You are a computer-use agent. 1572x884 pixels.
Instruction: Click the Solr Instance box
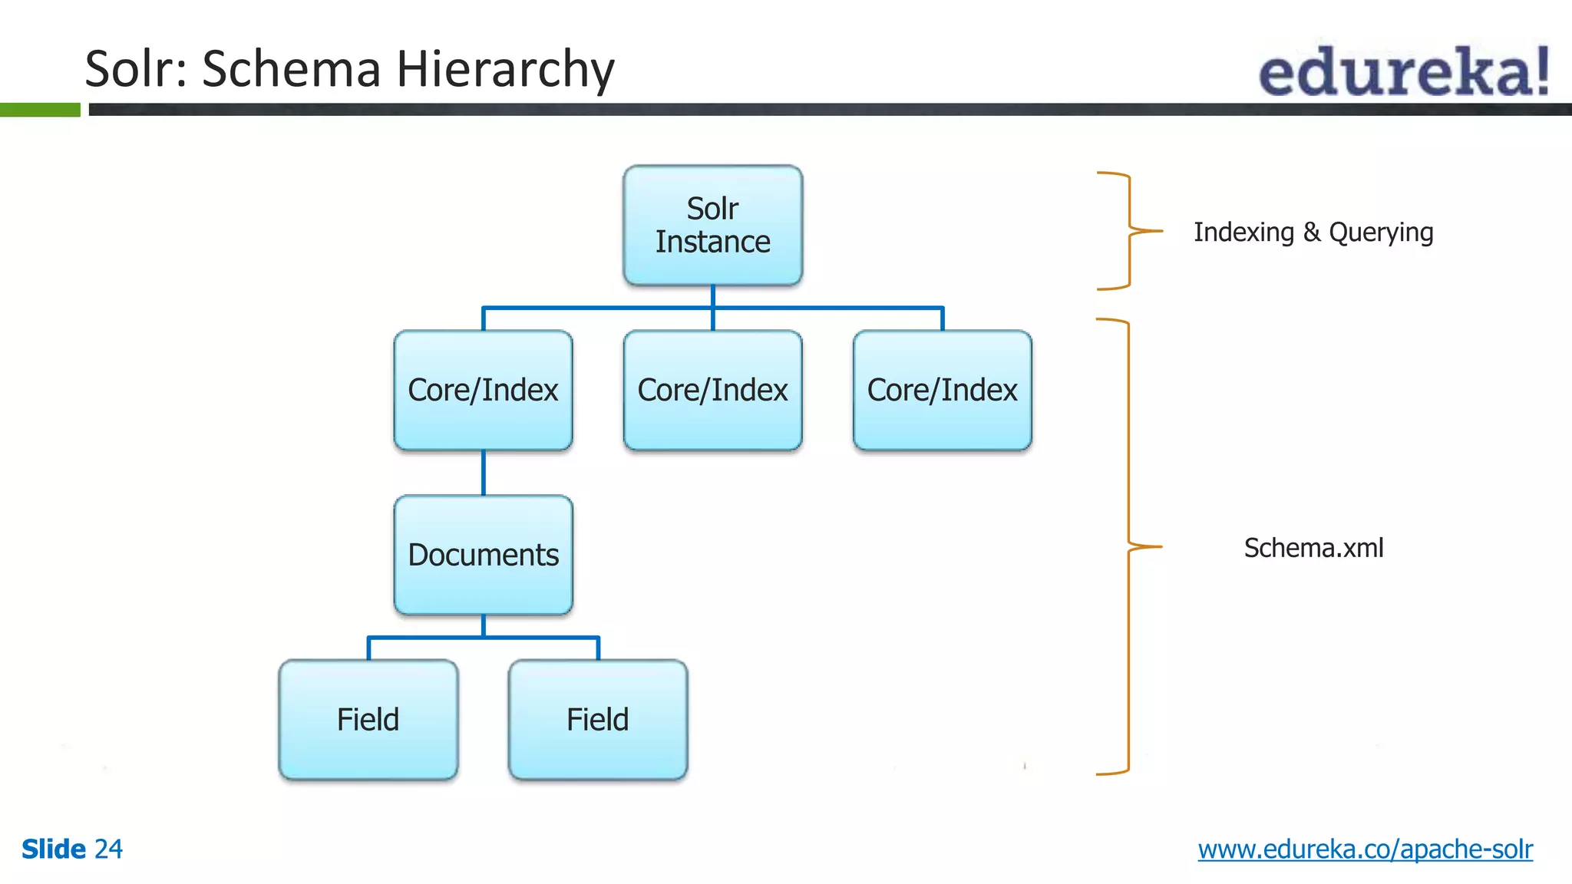(x=712, y=225)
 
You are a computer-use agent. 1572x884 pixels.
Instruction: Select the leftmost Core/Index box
(x=483, y=390)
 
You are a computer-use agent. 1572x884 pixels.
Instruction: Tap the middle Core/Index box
(x=712, y=390)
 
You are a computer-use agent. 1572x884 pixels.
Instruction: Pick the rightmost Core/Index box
(x=942, y=390)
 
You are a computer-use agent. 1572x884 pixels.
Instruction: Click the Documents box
(x=483, y=555)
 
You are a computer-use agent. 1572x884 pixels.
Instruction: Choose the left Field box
(x=368, y=720)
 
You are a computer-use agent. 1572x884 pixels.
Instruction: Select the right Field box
(x=597, y=720)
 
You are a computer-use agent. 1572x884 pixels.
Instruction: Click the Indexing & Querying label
(x=1313, y=232)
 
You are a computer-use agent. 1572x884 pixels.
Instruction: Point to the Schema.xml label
(x=1313, y=548)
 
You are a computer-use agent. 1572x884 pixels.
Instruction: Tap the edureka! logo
(x=1403, y=71)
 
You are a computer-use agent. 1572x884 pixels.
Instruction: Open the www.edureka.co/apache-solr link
(x=1365, y=849)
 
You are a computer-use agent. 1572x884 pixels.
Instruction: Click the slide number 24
(x=108, y=849)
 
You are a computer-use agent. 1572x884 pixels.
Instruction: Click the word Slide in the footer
(x=53, y=849)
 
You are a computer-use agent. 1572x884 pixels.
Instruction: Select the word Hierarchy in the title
(x=505, y=69)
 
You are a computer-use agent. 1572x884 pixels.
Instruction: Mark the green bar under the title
(x=40, y=110)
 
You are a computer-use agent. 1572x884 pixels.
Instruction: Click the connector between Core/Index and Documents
(x=483, y=473)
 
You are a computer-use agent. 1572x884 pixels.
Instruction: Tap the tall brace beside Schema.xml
(x=1128, y=546)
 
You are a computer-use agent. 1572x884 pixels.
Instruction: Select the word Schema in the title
(x=291, y=69)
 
